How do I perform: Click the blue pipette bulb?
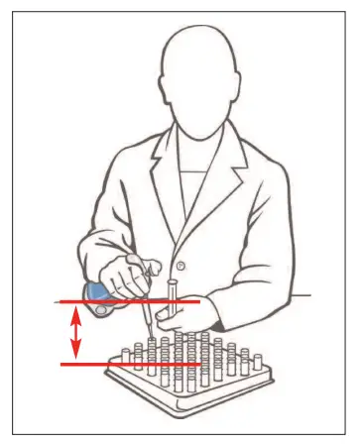pos(97,291)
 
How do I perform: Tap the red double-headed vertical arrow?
pos(75,332)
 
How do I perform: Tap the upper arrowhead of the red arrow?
pos(75,310)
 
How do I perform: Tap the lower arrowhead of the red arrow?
pos(75,355)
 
